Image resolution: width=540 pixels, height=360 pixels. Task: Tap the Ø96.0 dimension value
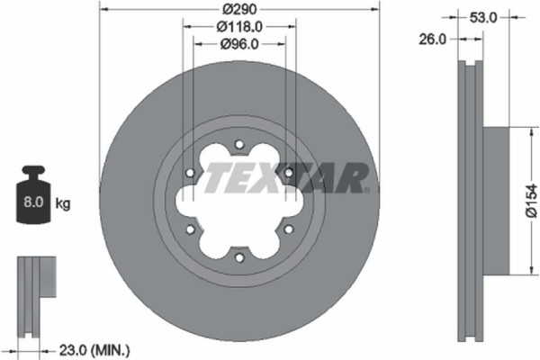238,43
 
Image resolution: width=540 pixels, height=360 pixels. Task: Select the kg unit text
63,204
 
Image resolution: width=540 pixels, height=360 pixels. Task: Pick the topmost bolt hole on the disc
238,144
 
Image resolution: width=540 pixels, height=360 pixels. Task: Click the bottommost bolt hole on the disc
238,256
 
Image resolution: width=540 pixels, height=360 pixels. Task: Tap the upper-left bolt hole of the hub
189,173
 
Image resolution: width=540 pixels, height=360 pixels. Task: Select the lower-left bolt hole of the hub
189,229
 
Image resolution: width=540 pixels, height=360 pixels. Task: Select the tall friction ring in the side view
471,201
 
